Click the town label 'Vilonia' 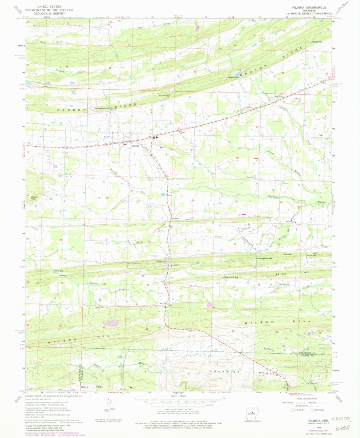click(x=135, y=146)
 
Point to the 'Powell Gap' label click(x=164, y=96)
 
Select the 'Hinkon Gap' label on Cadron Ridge click(x=234, y=77)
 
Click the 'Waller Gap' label click(x=58, y=270)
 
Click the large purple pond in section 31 click(x=111, y=323)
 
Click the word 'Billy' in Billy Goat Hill click(x=84, y=387)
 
